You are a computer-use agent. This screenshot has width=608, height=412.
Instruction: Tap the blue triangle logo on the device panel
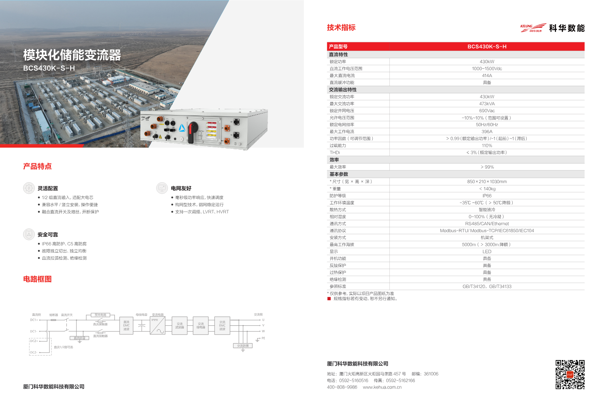pos(182,128)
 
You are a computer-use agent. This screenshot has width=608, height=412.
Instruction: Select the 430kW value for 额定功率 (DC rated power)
pos(487,62)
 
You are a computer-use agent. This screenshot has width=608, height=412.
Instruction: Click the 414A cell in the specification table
pos(487,76)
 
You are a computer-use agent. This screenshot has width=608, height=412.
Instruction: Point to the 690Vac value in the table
pos(487,111)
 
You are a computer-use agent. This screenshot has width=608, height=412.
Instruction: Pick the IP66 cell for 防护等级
pos(487,196)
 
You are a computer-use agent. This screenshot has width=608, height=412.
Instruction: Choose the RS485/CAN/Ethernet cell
pos(487,224)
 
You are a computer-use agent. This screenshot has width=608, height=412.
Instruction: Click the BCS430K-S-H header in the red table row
pos(487,47)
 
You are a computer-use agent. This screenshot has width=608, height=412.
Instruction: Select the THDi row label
pos(335,153)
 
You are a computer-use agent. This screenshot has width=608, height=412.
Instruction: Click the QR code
pos(570,374)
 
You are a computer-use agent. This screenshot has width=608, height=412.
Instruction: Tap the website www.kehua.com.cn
pos(382,387)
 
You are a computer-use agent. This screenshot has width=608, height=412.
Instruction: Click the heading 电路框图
pos(38,279)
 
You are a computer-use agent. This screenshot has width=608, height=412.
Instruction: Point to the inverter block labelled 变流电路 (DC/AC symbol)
pos(157,326)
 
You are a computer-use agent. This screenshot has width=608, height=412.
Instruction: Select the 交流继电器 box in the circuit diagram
pos(201,326)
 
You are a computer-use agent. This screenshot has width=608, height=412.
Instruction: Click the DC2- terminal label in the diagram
pos(33,353)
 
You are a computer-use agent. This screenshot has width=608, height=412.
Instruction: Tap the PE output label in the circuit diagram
pos(263,338)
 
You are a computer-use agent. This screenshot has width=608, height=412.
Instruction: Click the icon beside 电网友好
pos(162,188)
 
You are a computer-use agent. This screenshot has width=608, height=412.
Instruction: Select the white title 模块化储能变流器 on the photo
pos(72,55)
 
